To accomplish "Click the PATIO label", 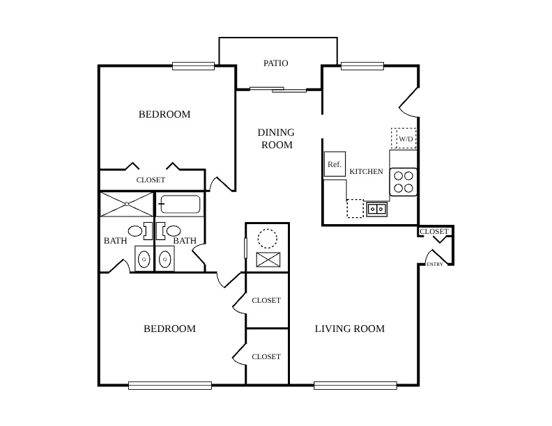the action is [275, 63].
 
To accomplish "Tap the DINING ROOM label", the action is [277, 139].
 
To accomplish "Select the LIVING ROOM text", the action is [350, 329].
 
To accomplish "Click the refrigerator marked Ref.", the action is [335, 164].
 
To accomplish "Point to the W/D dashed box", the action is [404, 138].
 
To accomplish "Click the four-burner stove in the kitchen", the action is [404, 182].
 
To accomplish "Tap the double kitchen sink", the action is [376, 209].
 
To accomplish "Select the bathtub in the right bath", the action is [180, 204].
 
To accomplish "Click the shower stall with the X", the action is [127, 204].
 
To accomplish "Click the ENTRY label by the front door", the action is [435, 265].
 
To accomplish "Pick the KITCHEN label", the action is [366, 171].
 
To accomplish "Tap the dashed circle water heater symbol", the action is [268, 239].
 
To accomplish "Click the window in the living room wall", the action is [355, 386].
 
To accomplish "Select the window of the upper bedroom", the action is [193, 66].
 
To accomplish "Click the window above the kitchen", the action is [362, 66].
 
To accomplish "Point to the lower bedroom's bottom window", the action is [170, 386].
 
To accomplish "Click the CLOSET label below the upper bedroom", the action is [151, 180].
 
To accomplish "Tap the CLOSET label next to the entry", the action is [434, 232].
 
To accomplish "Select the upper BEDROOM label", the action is [164, 114].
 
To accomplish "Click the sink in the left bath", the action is [144, 260].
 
